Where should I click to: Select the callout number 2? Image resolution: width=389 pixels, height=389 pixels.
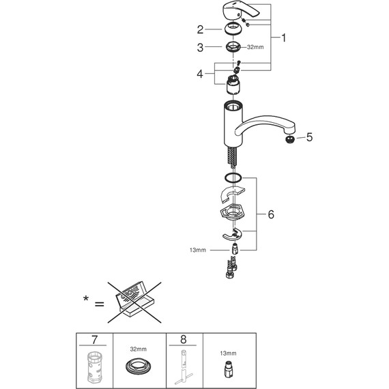[x=200, y=29]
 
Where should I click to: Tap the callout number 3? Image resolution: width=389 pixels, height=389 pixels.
[x=200, y=48]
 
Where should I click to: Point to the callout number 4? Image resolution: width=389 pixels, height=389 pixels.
[x=200, y=74]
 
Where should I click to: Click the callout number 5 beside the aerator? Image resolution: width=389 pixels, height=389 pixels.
[x=309, y=137]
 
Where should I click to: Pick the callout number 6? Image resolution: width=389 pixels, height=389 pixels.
[x=271, y=214]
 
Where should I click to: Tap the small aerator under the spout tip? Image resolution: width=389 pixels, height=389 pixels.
[x=291, y=137]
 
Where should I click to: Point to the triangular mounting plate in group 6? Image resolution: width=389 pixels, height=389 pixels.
[x=235, y=214]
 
